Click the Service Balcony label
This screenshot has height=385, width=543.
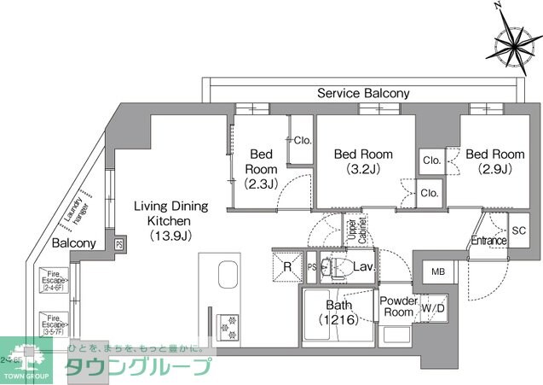(x=363, y=93)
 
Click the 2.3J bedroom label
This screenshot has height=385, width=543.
(x=260, y=168)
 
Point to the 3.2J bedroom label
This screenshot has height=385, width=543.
(x=363, y=161)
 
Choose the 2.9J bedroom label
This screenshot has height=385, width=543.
(x=494, y=161)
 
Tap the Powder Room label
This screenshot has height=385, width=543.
(x=398, y=306)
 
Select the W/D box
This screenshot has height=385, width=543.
(x=432, y=307)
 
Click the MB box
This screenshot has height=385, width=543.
(x=438, y=271)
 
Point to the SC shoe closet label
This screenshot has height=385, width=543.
(x=518, y=230)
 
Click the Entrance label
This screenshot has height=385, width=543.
(x=489, y=241)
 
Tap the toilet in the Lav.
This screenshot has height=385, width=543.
(x=334, y=265)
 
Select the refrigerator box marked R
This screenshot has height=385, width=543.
(x=287, y=266)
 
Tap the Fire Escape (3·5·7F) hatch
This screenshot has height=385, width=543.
(x=54, y=325)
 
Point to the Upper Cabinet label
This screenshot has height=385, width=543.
(x=351, y=230)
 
